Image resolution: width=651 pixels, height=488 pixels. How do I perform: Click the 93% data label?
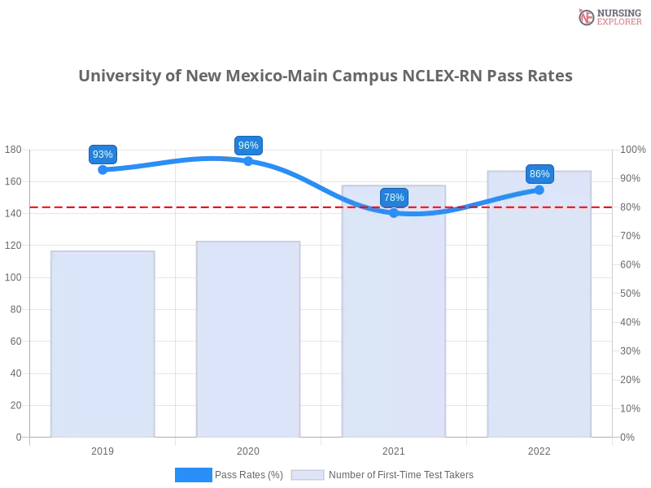pyautogui.click(x=103, y=155)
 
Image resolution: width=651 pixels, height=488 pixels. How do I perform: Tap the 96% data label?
pyautogui.click(x=248, y=146)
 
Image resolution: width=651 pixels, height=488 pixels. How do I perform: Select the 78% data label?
pyautogui.click(x=394, y=198)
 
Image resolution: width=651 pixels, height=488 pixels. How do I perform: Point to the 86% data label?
pyautogui.click(x=540, y=174)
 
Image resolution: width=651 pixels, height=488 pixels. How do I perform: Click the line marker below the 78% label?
pyautogui.click(x=394, y=213)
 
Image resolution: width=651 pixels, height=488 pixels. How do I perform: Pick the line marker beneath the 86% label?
pyautogui.click(x=540, y=190)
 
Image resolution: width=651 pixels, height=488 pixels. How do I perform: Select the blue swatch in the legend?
pyautogui.click(x=193, y=474)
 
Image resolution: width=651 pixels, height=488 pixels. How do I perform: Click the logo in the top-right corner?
pyautogui.click(x=608, y=17)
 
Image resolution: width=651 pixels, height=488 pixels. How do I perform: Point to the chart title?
pyautogui.click(x=325, y=76)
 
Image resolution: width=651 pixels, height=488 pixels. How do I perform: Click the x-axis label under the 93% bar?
pyautogui.click(x=103, y=449)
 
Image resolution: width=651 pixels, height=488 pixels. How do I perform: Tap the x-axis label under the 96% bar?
pyautogui.click(x=247, y=449)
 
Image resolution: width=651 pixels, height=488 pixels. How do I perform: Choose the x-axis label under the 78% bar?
pyautogui.click(x=394, y=449)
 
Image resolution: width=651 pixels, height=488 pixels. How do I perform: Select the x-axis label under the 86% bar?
pyautogui.click(x=540, y=449)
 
